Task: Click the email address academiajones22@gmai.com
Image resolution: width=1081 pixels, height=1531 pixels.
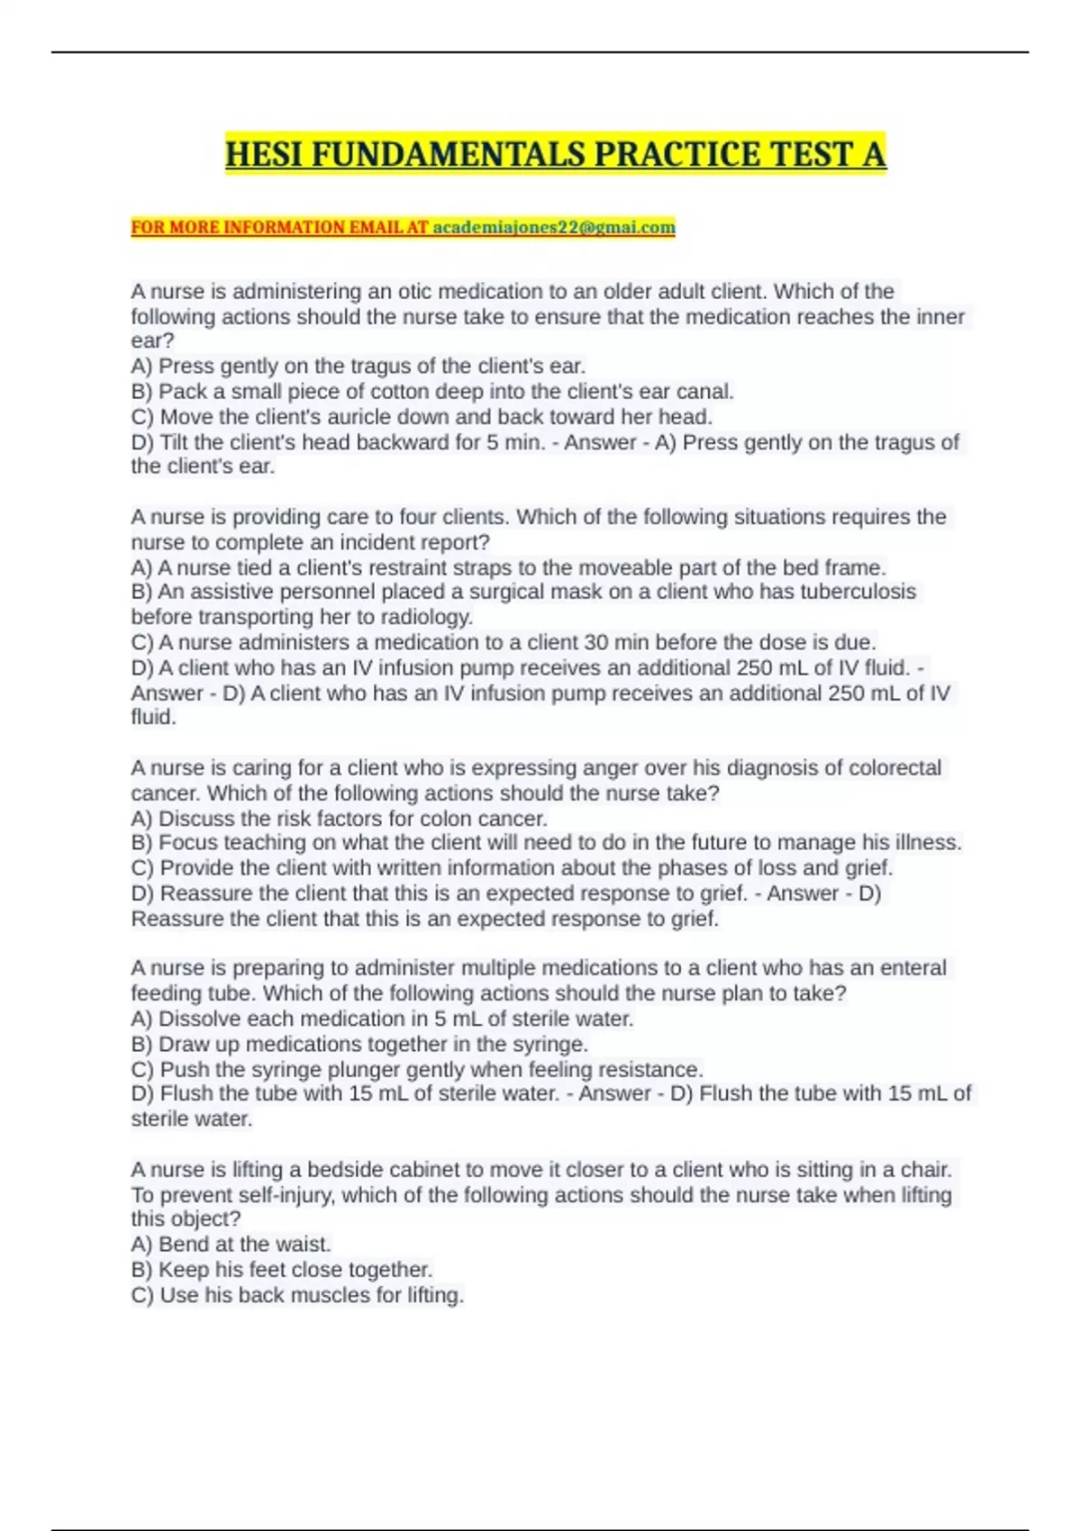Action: coord(554,227)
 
